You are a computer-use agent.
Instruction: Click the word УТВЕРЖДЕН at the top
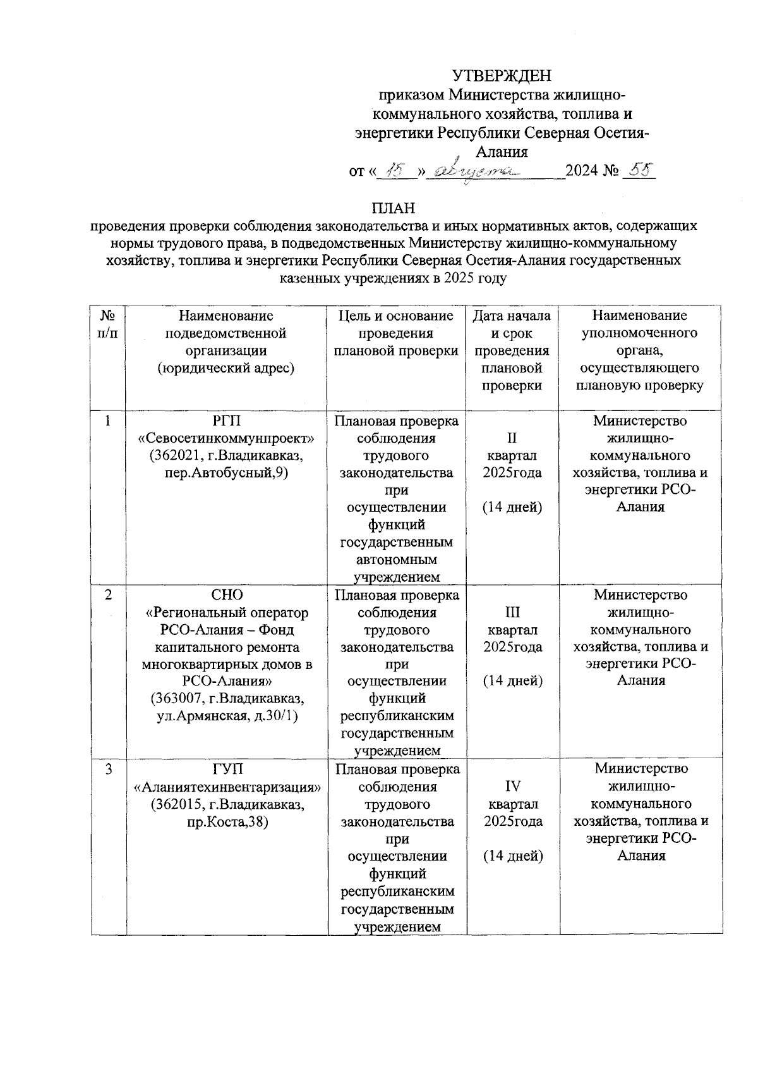coord(502,76)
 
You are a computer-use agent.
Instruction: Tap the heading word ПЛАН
coord(393,208)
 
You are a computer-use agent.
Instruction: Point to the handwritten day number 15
coord(397,170)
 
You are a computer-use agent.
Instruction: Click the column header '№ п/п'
coord(108,324)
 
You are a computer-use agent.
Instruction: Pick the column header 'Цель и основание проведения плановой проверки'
coord(396,333)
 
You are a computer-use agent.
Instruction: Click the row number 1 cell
coord(108,420)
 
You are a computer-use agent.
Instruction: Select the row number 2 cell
coord(108,595)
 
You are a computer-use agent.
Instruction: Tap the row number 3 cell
coord(108,770)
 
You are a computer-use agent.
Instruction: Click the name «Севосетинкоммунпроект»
coord(226,438)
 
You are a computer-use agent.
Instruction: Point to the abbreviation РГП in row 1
coord(226,420)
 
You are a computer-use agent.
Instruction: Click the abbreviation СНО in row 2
coord(226,595)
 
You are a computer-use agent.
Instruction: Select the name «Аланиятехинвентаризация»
coord(227,787)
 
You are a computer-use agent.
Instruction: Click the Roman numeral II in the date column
coord(512,438)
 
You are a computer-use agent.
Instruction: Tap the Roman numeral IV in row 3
coord(512,787)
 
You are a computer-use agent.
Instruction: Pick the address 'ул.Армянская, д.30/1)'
coord(227,716)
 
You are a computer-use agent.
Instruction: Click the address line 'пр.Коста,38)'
coord(227,822)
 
